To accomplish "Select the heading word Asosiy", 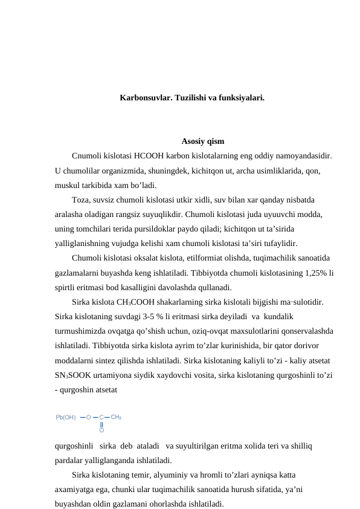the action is [193, 142].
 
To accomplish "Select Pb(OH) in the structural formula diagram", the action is [66, 417].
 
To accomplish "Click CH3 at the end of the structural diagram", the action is [117, 417].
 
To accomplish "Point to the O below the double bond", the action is [101, 431].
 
